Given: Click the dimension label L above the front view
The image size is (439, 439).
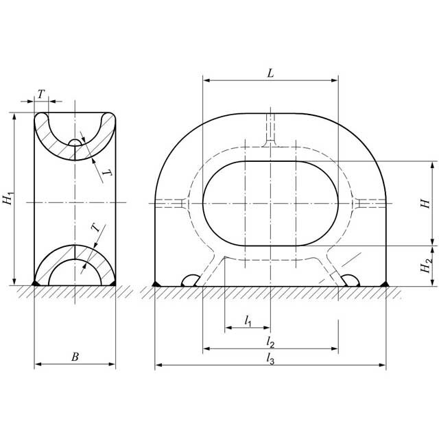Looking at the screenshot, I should click(x=270, y=73).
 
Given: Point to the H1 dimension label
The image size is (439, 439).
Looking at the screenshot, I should click(x=8, y=199).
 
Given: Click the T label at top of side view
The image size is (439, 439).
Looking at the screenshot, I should click(x=41, y=94).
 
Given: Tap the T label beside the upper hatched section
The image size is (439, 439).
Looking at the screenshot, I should click(x=105, y=174).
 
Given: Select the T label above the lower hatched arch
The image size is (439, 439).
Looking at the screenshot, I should click(x=95, y=228).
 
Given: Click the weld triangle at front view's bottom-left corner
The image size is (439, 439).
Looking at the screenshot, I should click(x=156, y=283).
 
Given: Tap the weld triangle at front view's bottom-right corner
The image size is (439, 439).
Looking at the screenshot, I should click(x=385, y=283).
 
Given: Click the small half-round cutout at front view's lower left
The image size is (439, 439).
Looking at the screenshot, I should click(x=190, y=281).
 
